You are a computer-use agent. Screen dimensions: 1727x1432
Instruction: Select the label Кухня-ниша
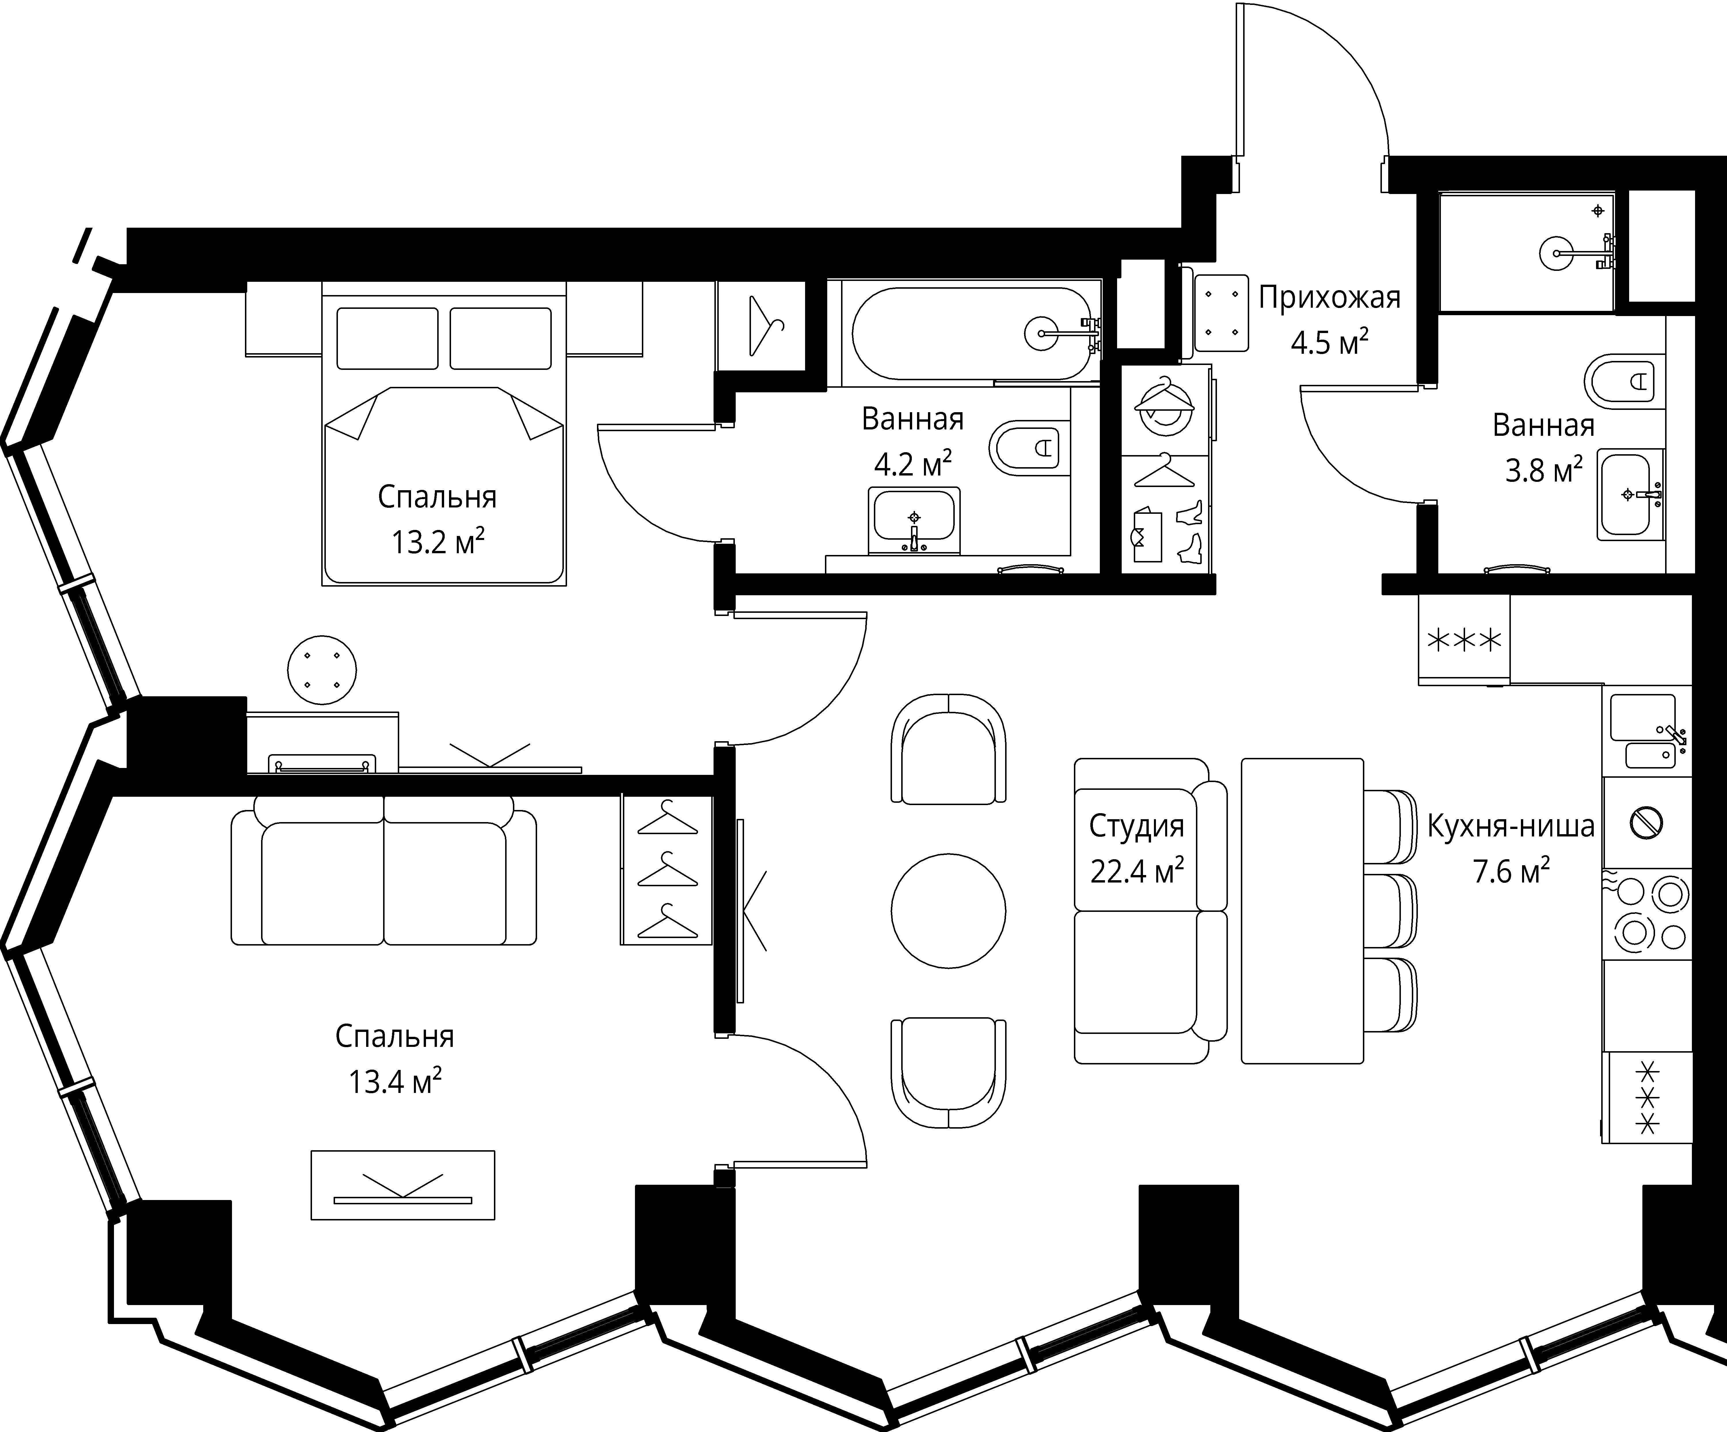pyautogui.click(x=1511, y=826)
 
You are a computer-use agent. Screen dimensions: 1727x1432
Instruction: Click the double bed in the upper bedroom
pyautogui.click(x=444, y=433)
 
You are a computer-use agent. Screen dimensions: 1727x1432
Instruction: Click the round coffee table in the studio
pyautogui.click(x=948, y=910)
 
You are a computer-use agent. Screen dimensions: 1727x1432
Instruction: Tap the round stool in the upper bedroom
pyautogui.click(x=322, y=670)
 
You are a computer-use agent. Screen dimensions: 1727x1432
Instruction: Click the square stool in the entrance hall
pyautogui.click(x=1221, y=313)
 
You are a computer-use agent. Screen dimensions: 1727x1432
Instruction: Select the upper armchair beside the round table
pyautogui.click(x=948, y=748)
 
